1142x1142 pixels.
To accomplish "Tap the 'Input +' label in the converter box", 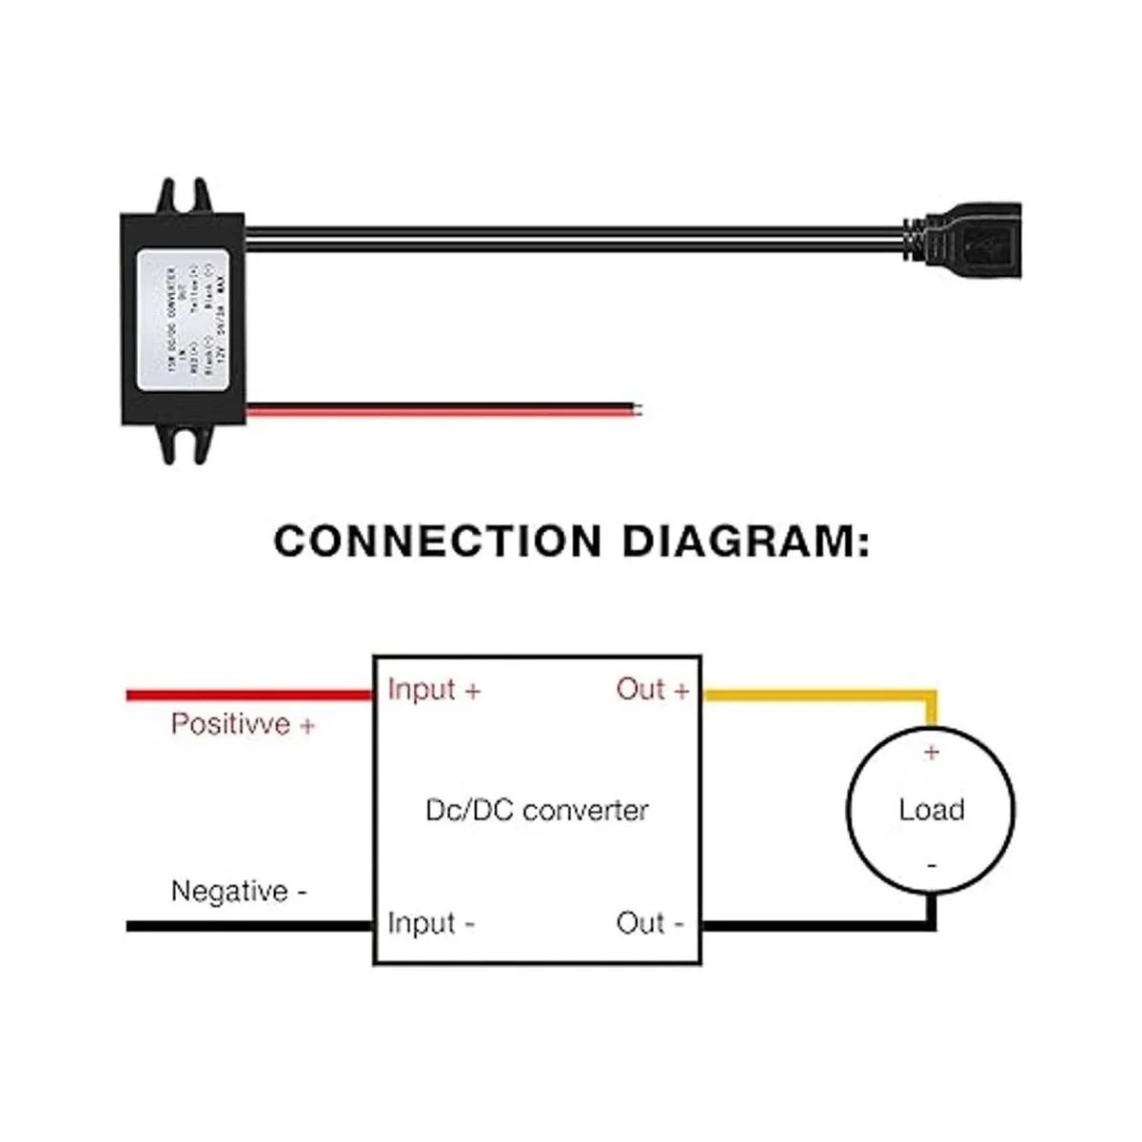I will click(434, 690).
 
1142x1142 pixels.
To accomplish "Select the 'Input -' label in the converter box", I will click(431, 923).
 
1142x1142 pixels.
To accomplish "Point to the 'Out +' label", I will click(652, 690).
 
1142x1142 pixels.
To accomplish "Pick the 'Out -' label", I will click(650, 923).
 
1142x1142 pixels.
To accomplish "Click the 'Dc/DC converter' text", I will click(537, 811).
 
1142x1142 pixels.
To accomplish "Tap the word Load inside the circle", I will click(931, 810).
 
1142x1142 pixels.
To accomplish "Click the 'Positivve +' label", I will click(243, 724).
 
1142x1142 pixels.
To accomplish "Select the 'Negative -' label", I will click(239, 892).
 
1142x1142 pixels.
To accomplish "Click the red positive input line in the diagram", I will click(247, 696).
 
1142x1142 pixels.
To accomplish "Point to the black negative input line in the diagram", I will click(247, 926).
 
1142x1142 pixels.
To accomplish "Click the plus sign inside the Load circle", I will click(931, 753).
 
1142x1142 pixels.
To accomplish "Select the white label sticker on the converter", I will click(186, 319).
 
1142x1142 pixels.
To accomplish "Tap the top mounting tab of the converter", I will click(184, 196).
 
